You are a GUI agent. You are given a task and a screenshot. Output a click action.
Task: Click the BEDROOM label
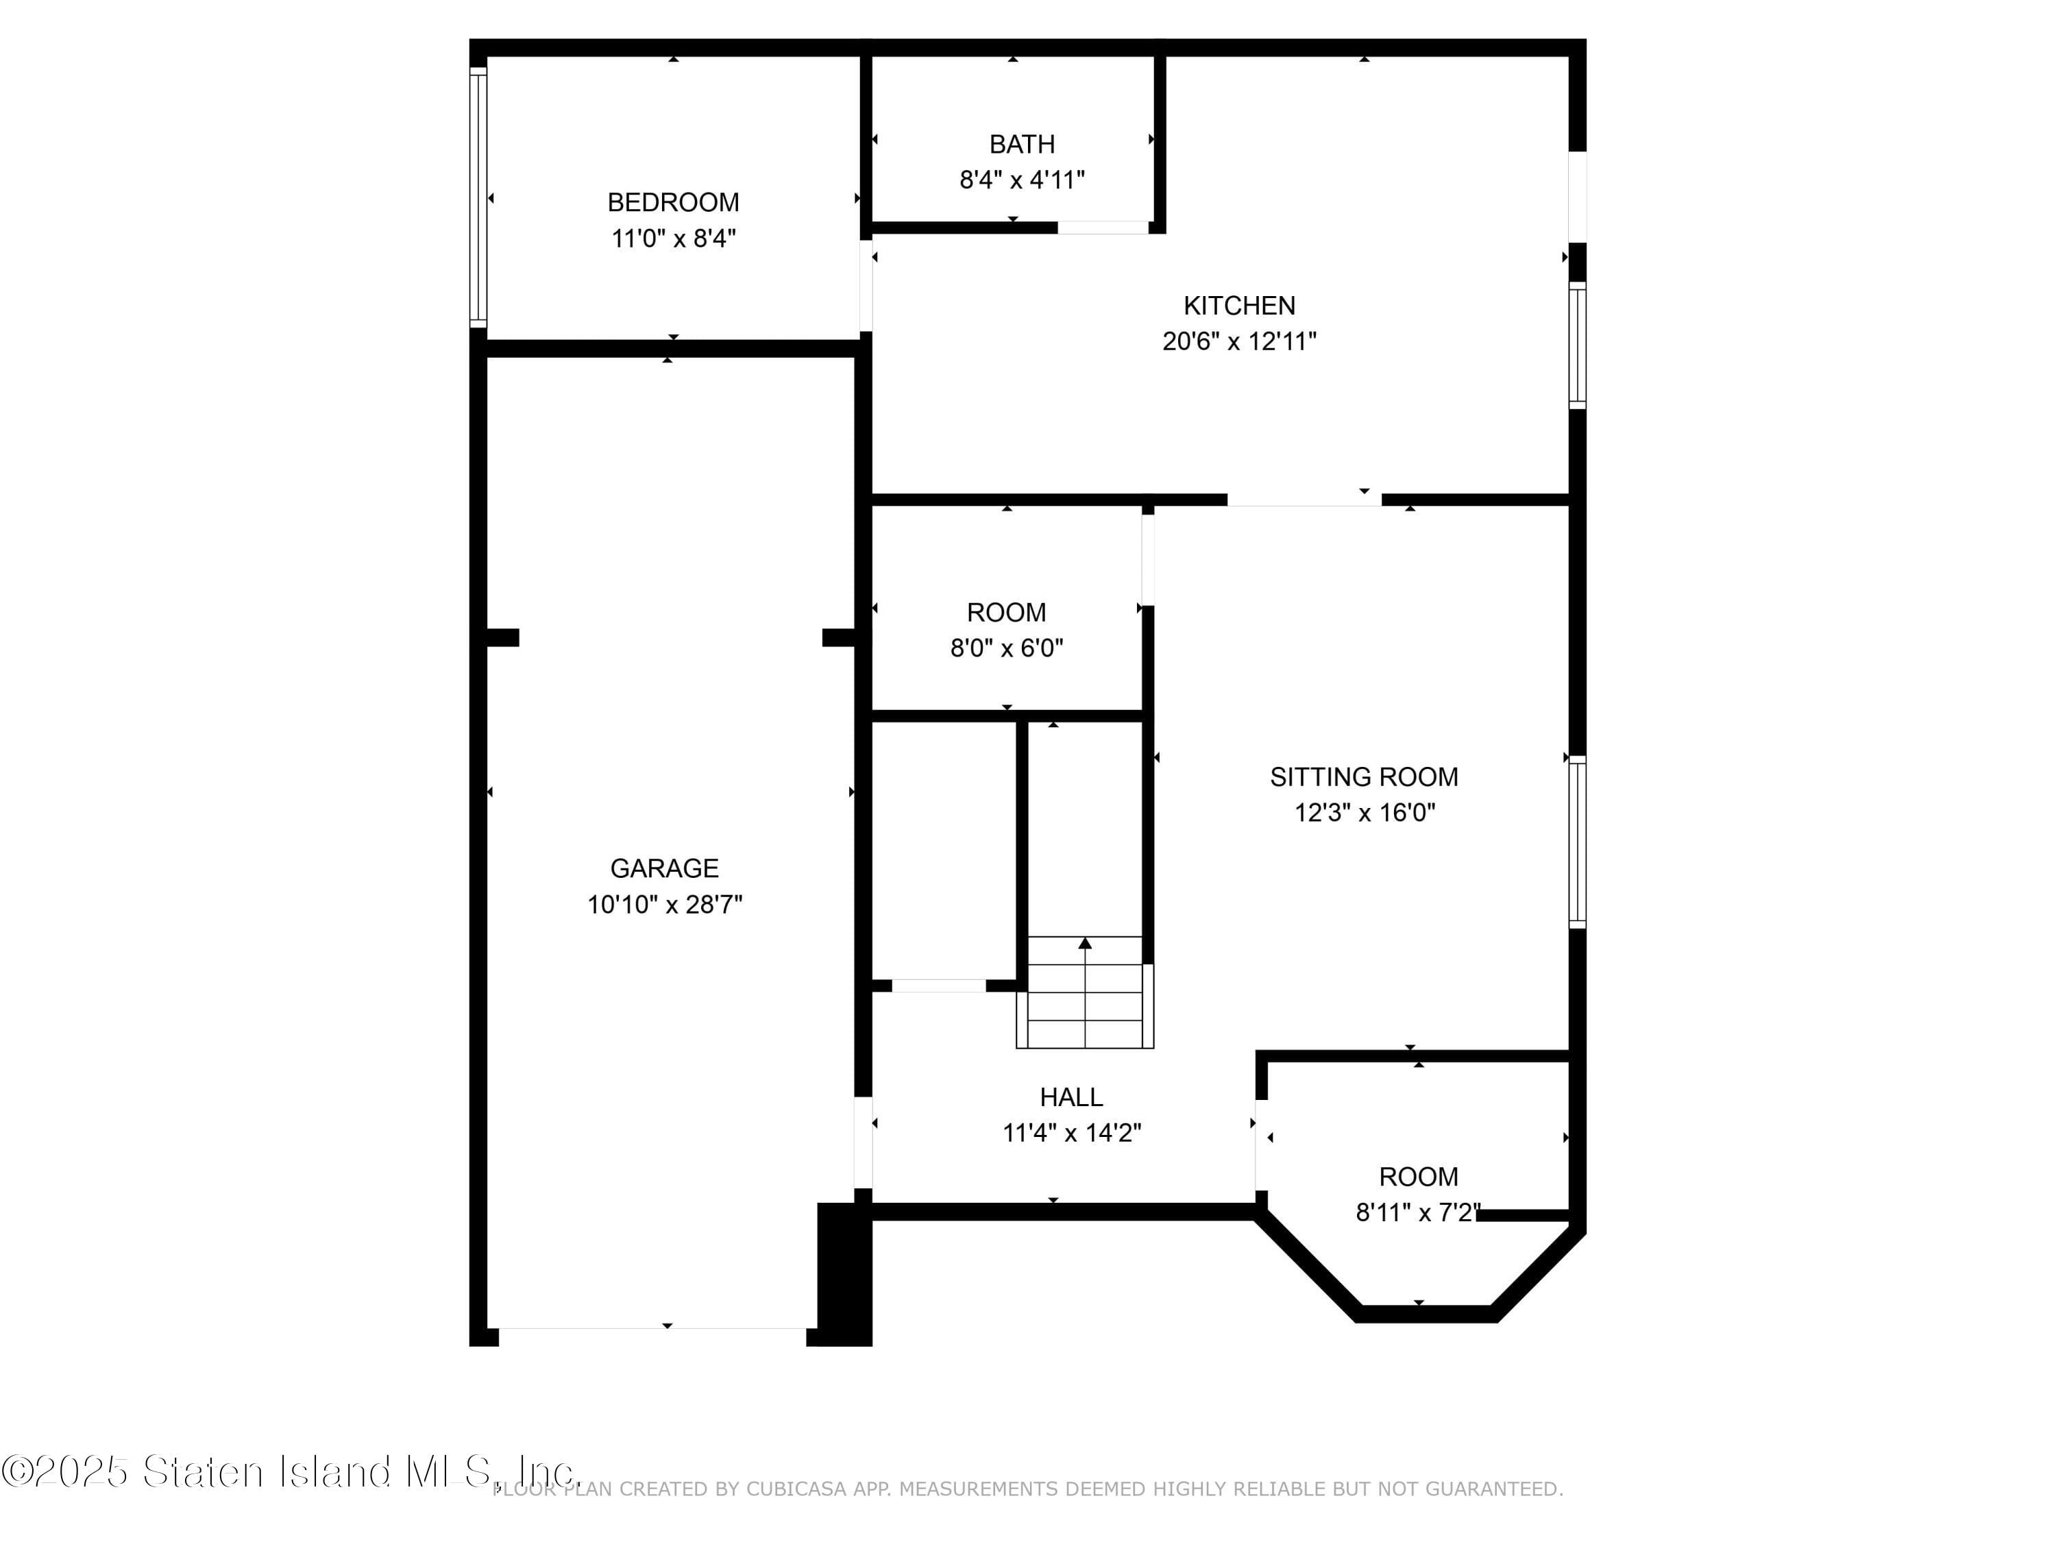[673, 203]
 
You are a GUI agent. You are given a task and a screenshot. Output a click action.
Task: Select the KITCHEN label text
[1239, 306]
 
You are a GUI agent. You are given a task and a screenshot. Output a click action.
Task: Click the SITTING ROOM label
[1364, 777]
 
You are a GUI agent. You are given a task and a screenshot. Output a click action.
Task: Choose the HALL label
[1070, 1098]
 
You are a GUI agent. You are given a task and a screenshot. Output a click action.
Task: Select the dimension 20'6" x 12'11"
[1239, 342]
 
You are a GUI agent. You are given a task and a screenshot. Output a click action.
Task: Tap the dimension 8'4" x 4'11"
[1022, 180]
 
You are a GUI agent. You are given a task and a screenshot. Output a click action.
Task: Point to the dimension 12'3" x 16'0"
[1364, 813]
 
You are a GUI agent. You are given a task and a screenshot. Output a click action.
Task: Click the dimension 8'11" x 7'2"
[1417, 1213]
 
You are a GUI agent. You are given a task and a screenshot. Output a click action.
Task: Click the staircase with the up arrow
[1085, 992]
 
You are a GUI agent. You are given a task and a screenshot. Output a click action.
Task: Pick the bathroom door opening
[1103, 228]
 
